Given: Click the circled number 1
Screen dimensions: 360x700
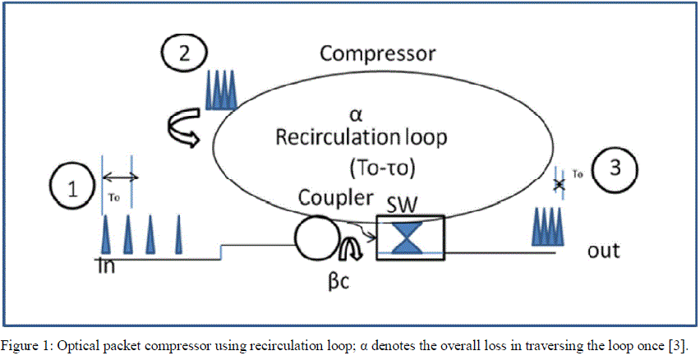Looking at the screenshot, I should point(75,190).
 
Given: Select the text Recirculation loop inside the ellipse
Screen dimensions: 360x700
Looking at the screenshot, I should point(362,136).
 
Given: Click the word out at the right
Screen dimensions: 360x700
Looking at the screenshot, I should point(604,250).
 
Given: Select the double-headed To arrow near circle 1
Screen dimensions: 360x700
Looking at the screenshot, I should point(119,177).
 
